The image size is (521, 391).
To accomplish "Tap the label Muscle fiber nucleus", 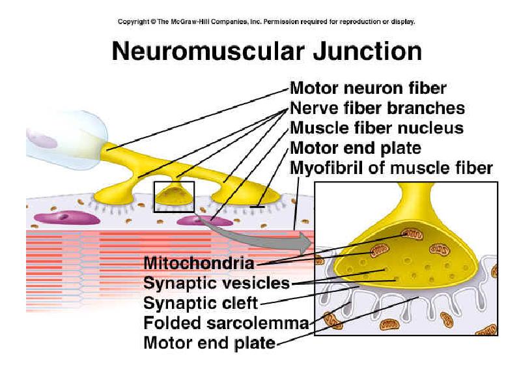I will point(376,128).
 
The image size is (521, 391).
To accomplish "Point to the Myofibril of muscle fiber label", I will point(391,168).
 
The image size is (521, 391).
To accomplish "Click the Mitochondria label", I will point(199,263).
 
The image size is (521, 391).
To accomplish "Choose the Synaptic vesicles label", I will point(216,283).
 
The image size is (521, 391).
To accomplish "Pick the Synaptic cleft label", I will point(201,303).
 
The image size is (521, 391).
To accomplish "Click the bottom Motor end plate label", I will point(209,342).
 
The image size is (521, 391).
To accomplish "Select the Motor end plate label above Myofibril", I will point(355,148).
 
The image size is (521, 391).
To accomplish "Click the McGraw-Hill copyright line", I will point(266,22).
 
